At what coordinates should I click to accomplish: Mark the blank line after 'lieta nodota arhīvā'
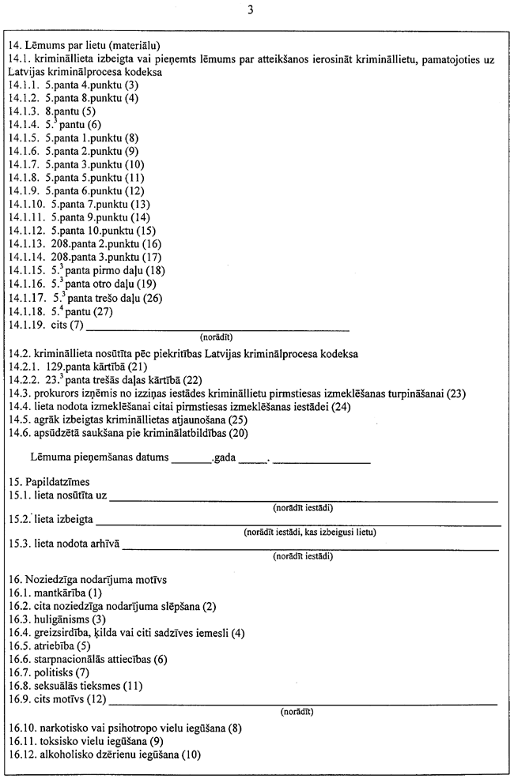[x=311, y=544]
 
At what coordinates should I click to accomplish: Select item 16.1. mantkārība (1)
[x=55, y=593]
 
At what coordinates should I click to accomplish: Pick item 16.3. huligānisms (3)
[x=56, y=619]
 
